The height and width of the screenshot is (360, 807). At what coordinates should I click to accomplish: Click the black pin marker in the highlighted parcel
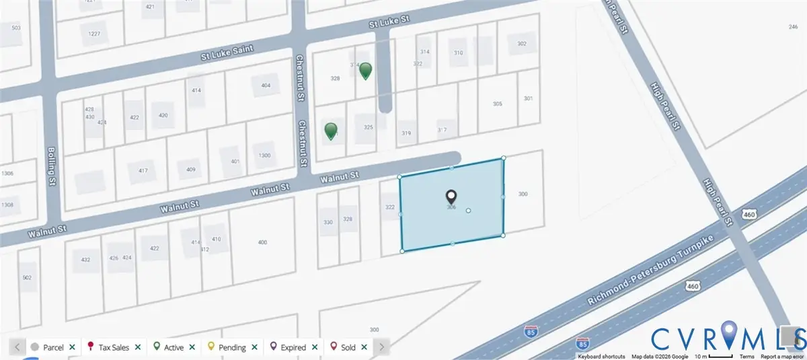[x=451, y=196]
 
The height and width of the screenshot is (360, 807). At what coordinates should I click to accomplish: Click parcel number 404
[x=265, y=85]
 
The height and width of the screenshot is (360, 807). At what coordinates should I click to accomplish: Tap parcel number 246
[x=793, y=27]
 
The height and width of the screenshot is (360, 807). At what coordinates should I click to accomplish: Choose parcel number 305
[x=498, y=104]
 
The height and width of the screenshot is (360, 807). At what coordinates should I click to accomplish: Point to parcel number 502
[x=27, y=277]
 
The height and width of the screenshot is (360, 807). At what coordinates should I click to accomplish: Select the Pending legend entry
[x=230, y=347]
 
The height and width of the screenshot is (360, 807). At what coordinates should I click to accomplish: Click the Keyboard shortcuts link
[x=601, y=356]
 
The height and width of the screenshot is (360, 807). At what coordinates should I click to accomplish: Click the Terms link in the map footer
[x=746, y=356]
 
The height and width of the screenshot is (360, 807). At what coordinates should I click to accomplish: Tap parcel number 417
[x=143, y=170]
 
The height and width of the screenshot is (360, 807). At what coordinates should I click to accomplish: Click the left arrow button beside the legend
[x=17, y=347]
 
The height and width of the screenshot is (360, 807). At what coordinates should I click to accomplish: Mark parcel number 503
[x=16, y=28]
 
